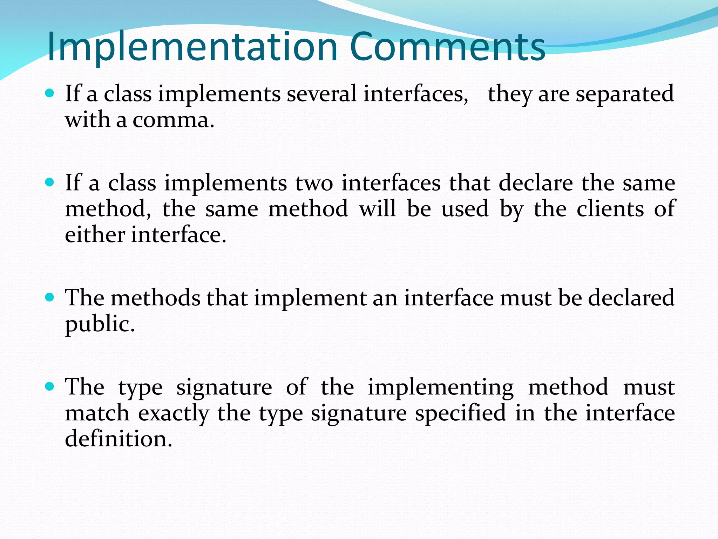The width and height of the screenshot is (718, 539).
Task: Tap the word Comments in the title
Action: (447, 47)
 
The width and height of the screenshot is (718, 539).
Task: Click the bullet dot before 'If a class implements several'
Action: (50, 93)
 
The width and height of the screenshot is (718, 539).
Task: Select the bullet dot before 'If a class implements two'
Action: (50, 182)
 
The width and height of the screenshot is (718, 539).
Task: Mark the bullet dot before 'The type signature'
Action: (50, 387)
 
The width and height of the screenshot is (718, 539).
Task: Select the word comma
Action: (173, 120)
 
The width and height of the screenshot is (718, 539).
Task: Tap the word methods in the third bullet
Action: (156, 298)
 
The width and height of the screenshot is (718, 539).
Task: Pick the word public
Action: (100, 324)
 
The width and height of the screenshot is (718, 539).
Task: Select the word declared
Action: (631, 298)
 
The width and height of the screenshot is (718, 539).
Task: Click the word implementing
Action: (441, 388)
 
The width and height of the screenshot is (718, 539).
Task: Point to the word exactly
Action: (174, 413)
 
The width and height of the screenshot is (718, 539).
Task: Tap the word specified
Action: (461, 413)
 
